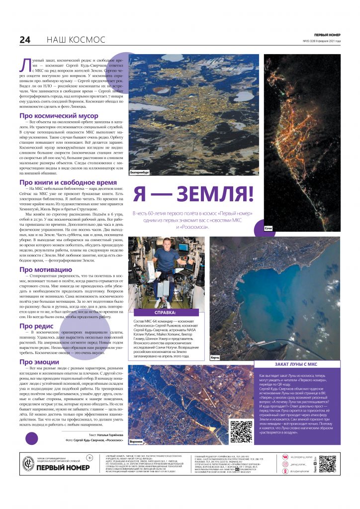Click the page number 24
25,40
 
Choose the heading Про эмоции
39,361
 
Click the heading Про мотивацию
46,269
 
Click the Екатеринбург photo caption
140,172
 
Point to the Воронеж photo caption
136,441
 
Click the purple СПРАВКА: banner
167,313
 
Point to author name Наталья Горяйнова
108,434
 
